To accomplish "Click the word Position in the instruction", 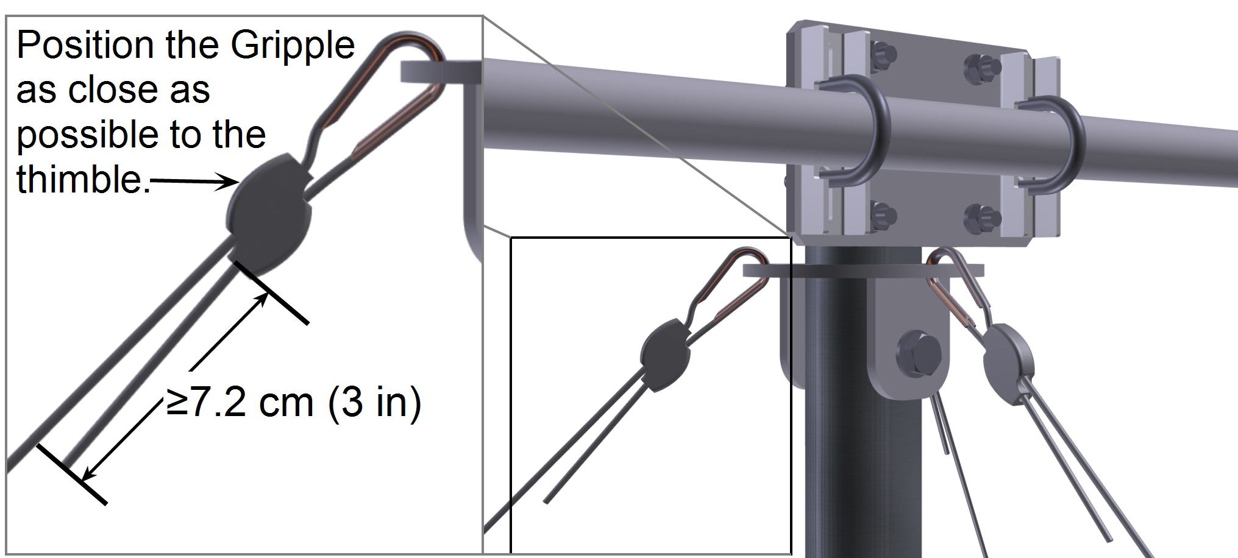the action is (x=84, y=45).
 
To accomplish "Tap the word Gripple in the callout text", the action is (x=292, y=46).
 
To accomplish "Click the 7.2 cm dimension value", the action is (x=240, y=403).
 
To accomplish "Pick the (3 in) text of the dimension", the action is (x=374, y=403).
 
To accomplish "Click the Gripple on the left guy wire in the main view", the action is (x=665, y=354).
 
